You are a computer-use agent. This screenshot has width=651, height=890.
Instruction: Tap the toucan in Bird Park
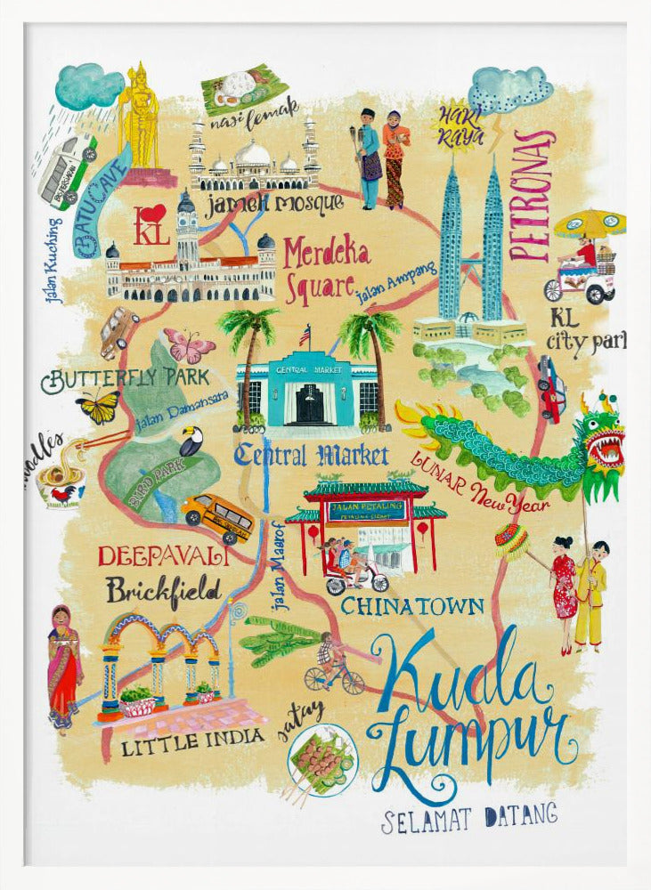point(191,440)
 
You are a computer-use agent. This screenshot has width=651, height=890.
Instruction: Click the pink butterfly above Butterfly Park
point(188,346)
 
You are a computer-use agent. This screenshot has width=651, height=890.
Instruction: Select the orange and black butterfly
point(98,407)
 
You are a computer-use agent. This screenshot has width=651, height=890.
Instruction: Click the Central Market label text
point(312,457)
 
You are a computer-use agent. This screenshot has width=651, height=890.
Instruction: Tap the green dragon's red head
point(601,435)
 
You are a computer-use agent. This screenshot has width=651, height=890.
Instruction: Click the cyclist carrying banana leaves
point(333,667)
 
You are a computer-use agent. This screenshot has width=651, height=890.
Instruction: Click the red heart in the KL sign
point(154,214)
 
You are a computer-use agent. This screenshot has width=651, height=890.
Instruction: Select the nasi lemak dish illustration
point(243,86)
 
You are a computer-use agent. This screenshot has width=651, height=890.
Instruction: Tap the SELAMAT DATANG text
point(469,816)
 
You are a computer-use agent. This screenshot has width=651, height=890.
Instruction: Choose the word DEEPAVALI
point(163,557)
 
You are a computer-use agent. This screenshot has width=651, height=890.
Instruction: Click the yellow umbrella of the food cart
point(589,222)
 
